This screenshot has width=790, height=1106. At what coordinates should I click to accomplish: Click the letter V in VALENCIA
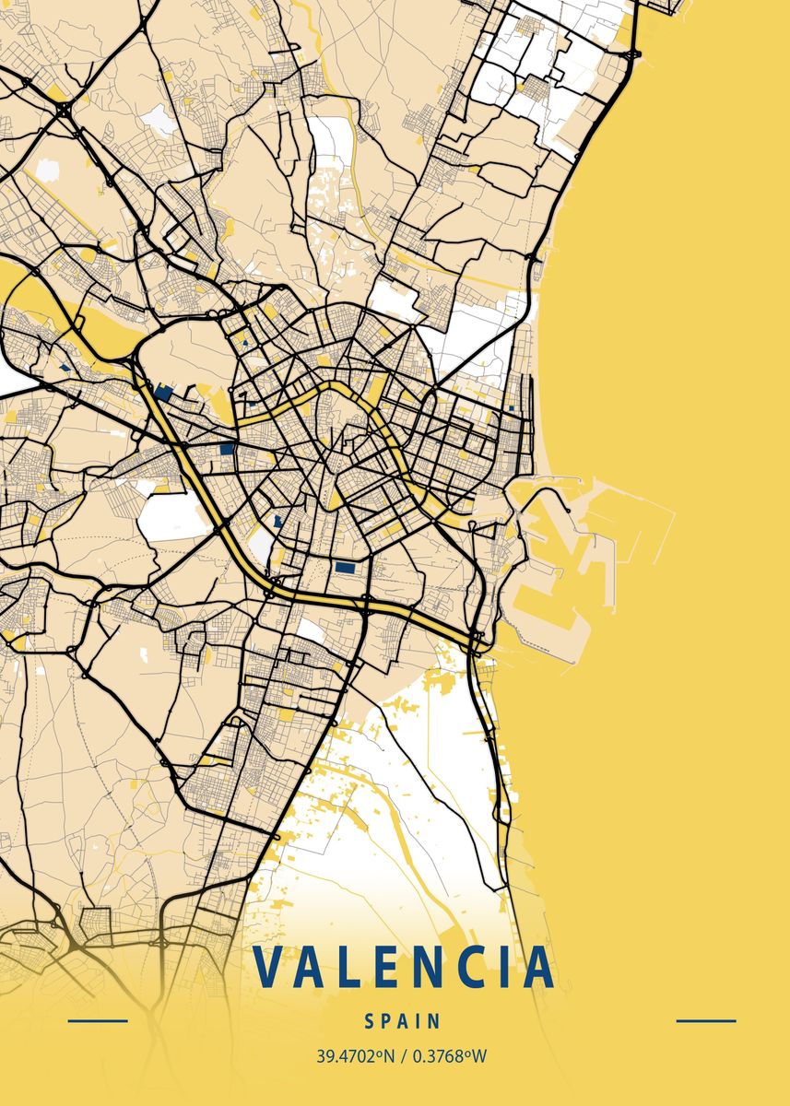(x=272, y=966)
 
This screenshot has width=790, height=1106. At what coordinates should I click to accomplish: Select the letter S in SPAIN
(x=369, y=1021)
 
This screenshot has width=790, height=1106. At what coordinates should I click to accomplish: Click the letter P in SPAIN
(x=387, y=1021)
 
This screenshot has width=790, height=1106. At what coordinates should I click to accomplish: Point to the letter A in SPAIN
(x=406, y=1021)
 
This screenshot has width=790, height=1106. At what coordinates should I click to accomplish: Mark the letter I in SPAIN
(x=420, y=1021)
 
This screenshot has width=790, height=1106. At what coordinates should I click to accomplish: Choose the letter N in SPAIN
(x=435, y=1021)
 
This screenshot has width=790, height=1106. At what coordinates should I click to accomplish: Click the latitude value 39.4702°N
(x=355, y=1056)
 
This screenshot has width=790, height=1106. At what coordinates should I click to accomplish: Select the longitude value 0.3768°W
(x=450, y=1056)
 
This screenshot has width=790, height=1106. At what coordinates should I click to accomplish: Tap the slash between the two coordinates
(x=403, y=1056)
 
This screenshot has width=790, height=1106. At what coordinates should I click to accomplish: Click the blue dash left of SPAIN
(x=98, y=1021)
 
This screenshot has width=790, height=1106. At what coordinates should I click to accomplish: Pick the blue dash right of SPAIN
(x=706, y=1021)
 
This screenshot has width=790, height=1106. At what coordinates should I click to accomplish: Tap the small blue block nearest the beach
(x=510, y=406)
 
